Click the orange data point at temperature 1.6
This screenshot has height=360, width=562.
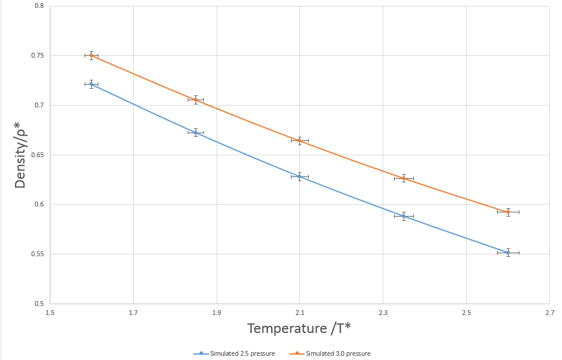click(91, 55)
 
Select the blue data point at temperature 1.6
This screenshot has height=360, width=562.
click(91, 84)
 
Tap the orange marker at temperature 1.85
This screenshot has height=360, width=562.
click(196, 100)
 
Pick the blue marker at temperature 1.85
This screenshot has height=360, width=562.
click(196, 133)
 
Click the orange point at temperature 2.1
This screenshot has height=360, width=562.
click(300, 141)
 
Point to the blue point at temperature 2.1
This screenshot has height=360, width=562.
click(300, 177)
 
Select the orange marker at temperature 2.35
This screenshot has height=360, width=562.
click(404, 178)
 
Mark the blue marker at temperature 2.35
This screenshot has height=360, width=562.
click(404, 216)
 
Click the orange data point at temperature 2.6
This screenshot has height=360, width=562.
click(508, 212)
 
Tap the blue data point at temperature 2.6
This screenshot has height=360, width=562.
click(508, 253)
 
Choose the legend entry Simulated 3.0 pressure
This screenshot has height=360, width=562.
click(338, 353)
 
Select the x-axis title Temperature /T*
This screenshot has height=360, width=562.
click(299, 328)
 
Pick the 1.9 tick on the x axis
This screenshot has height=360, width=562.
click(217, 312)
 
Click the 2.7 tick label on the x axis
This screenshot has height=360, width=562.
click(549, 312)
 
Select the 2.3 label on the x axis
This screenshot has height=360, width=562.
click(383, 312)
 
